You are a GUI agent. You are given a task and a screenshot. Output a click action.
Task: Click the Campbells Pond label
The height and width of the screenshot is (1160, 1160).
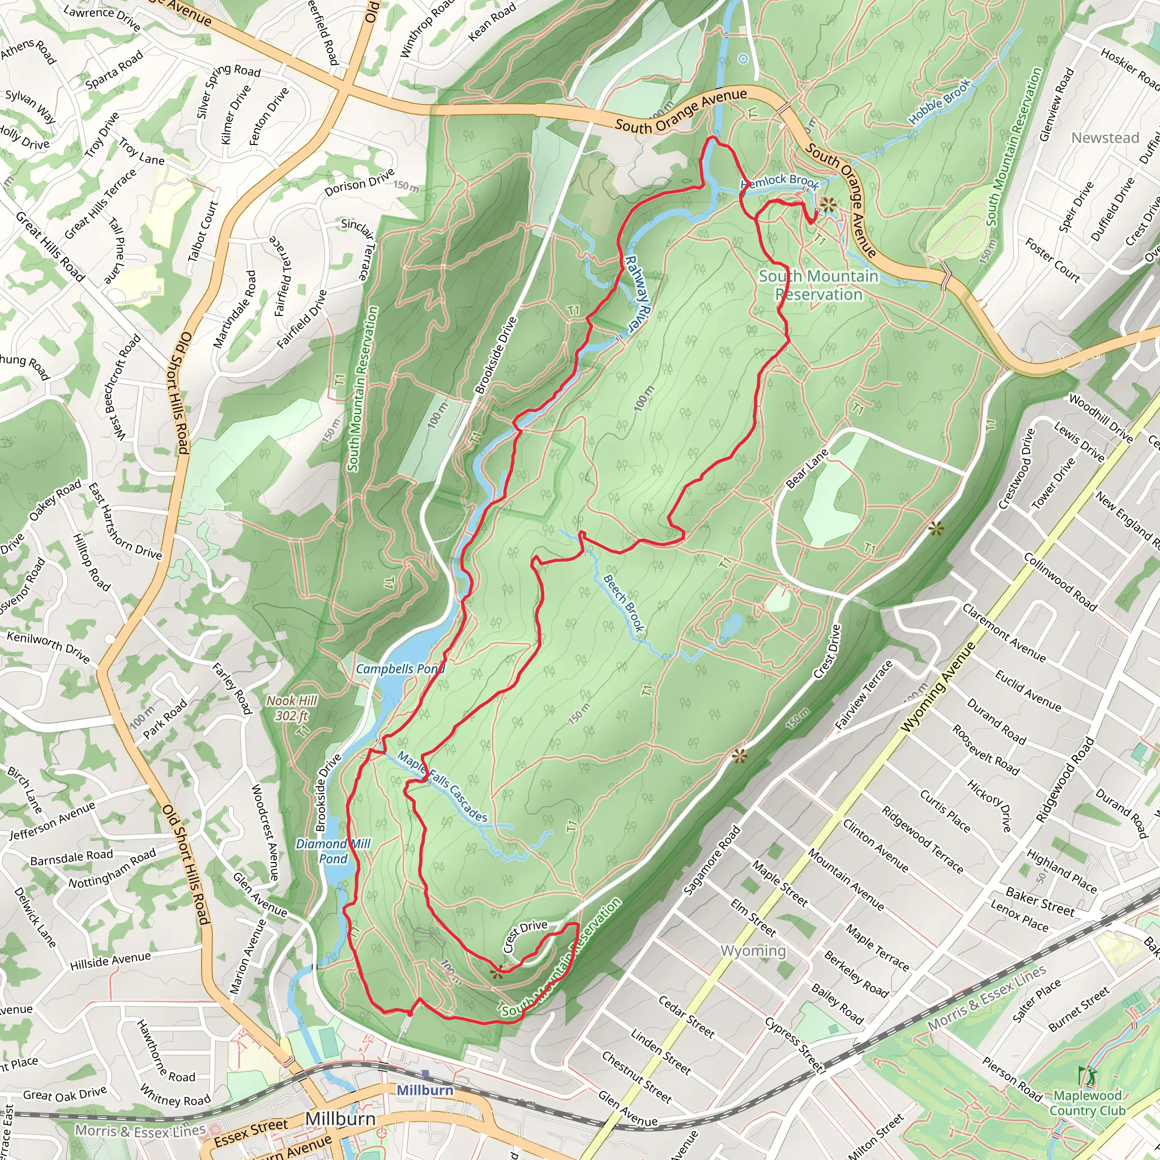coord(400,669)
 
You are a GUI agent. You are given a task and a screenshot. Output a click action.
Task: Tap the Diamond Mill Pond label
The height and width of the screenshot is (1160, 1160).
coord(333,851)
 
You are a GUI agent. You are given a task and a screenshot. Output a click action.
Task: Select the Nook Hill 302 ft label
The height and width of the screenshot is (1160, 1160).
coord(292,708)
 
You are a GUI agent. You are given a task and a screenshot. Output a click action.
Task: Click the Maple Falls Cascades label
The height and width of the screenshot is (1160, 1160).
coord(442,787)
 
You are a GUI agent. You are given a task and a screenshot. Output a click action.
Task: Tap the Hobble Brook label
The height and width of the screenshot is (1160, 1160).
coord(939,101)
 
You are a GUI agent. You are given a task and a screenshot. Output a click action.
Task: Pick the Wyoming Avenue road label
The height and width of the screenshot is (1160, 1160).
coord(941,687)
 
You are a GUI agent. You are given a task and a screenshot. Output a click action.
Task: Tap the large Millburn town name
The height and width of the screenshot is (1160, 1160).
coord(340,1119)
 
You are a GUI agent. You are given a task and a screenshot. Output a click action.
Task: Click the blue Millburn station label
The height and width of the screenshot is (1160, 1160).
coord(425,1090)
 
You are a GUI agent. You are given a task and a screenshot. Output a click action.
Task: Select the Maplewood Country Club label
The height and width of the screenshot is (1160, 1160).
coord(1087,1102)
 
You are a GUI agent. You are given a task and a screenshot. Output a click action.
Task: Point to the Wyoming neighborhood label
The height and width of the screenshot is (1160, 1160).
coord(753,950)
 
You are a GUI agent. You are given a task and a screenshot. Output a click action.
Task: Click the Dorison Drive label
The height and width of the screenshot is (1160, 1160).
coord(359,182)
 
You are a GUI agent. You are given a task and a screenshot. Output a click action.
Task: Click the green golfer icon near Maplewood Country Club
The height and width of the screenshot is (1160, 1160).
coord(1086,1074)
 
